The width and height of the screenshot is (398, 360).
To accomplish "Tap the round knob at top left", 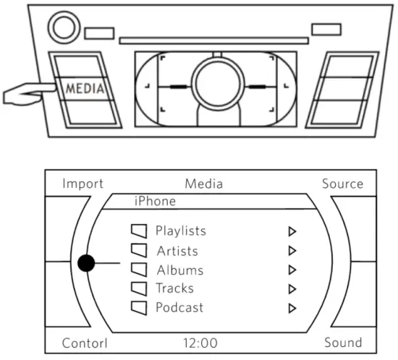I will click(x=63, y=29).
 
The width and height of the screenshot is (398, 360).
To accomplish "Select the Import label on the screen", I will click(x=82, y=184).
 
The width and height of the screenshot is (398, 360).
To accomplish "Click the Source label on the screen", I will click(x=342, y=184).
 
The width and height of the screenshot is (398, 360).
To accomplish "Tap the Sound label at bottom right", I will click(x=342, y=343).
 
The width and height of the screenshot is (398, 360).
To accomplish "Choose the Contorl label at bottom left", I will click(x=85, y=343).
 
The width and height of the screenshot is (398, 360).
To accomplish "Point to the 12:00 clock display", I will click(x=200, y=343).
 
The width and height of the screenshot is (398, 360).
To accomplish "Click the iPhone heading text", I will click(x=156, y=201).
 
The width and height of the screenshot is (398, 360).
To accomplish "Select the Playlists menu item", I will click(x=181, y=231).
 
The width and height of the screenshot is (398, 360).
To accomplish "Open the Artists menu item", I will click(x=177, y=251).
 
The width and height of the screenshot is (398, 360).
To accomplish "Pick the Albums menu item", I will click(x=179, y=270).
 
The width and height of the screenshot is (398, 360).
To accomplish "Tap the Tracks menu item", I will click(x=175, y=288).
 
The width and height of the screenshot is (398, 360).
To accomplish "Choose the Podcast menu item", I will click(x=179, y=307).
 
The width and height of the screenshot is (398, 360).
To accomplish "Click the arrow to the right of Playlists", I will click(x=292, y=232).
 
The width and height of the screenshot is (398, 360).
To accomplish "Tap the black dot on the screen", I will click(x=86, y=263).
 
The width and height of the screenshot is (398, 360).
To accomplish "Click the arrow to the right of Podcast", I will click(x=292, y=308).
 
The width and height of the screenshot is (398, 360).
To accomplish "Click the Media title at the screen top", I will click(x=203, y=184).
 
